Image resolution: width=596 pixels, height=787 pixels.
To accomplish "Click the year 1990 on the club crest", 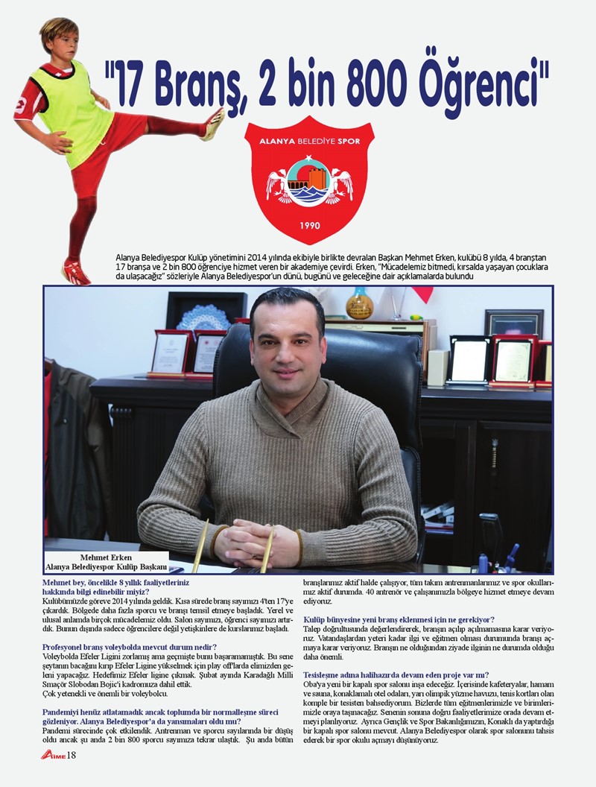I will click(x=309, y=225).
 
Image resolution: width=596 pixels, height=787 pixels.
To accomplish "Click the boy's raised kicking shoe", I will click(x=214, y=124).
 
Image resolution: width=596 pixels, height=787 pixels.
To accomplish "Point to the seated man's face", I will click(x=287, y=343).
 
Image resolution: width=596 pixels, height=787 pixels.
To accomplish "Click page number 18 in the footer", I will click(x=72, y=756).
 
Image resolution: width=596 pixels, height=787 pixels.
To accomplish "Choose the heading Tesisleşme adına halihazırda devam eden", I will click(x=396, y=675).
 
